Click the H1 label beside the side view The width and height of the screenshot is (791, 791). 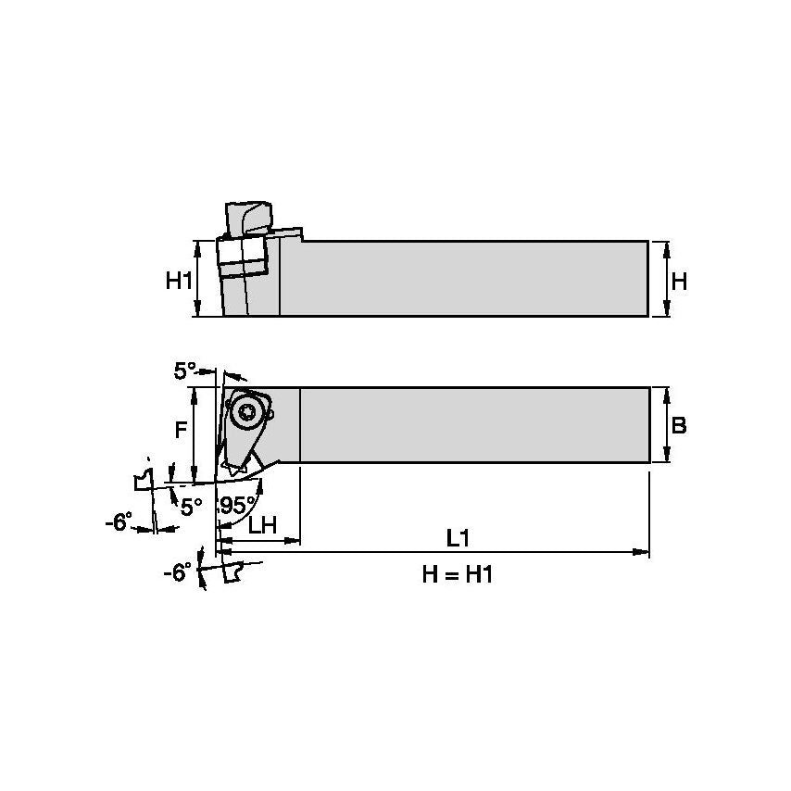pyautogui.click(x=179, y=280)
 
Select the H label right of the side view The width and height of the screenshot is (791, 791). pyautogui.click(x=679, y=280)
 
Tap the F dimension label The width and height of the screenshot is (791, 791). pyautogui.click(x=182, y=430)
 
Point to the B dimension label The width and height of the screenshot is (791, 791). pyautogui.click(x=679, y=426)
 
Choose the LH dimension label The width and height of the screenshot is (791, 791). pyautogui.click(x=262, y=524)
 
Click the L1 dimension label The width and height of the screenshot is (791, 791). pyautogui.click(x=457, y=537)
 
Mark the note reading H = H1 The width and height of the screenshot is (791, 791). pyautogui.click(x=457, y=575)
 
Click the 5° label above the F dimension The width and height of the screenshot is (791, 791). pyautogui.click(x=185, y=371)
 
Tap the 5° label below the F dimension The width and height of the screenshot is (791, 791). pyautogui.click(x=191, y=507)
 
